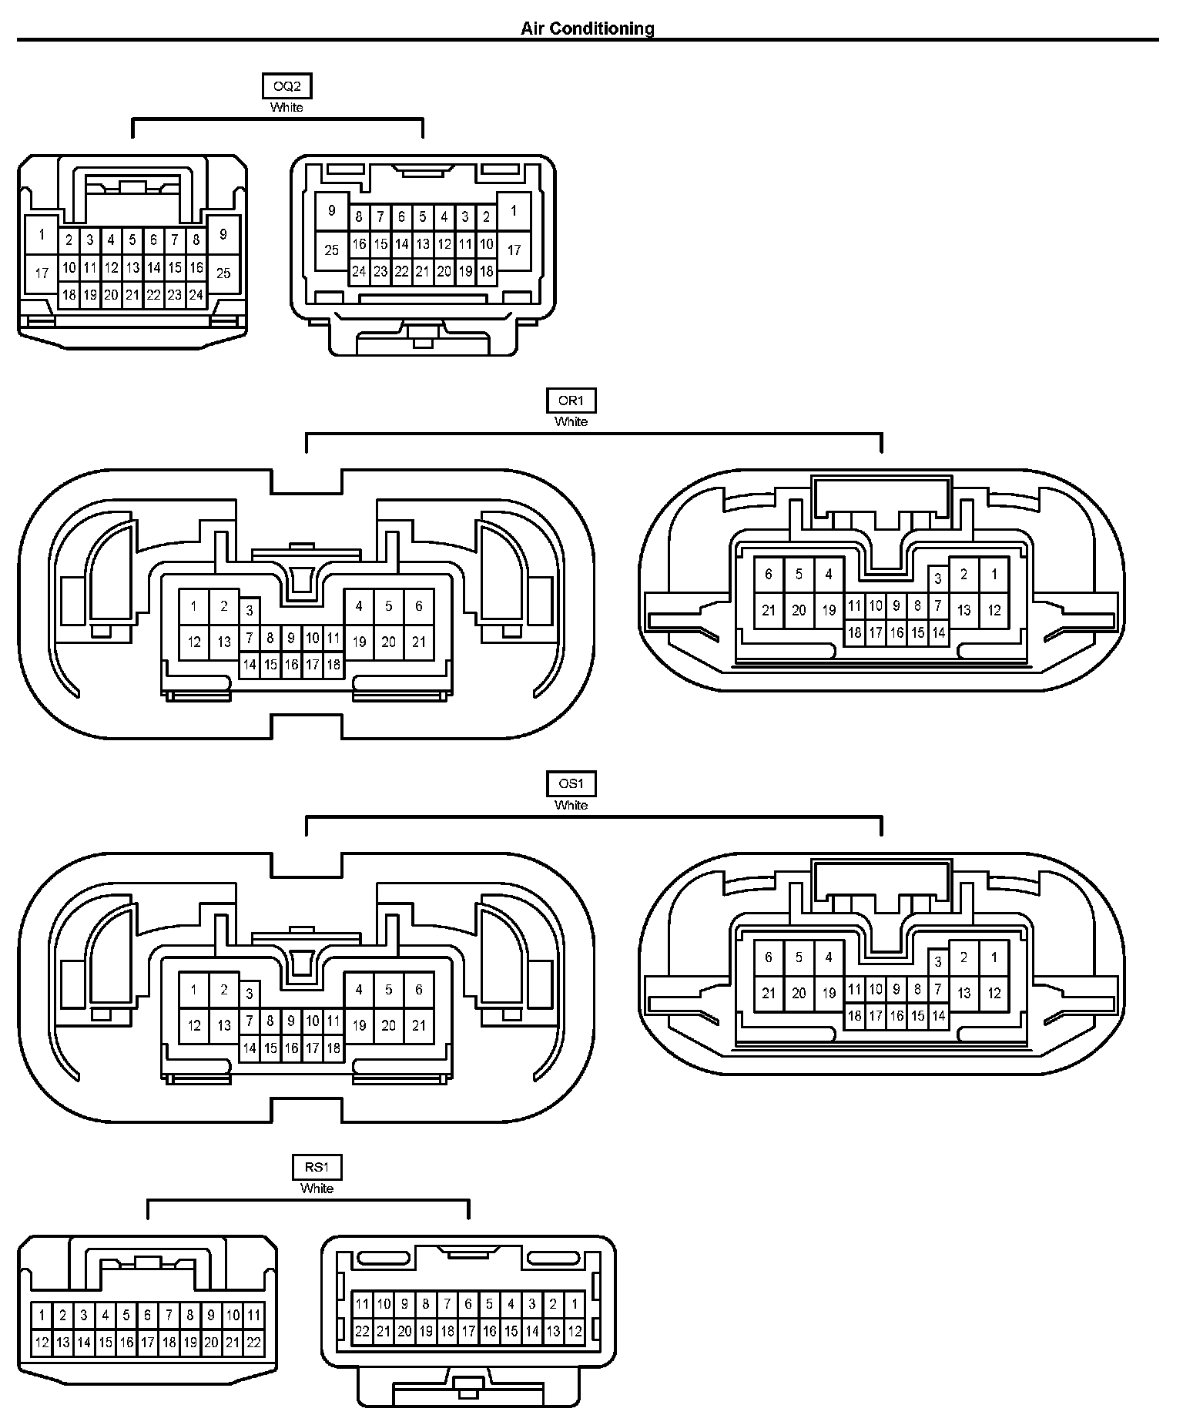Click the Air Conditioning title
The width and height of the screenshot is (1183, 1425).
588,28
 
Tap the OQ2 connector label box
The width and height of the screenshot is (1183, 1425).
287,86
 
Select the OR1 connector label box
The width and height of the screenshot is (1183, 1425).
571,401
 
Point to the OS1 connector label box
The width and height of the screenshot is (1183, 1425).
571,784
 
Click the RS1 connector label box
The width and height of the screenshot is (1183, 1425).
317,1168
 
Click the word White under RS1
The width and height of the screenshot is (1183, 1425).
317,1189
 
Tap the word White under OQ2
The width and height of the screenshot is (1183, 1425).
287,108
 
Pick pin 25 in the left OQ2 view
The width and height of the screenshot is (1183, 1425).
223,273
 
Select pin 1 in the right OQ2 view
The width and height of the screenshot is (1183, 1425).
514,210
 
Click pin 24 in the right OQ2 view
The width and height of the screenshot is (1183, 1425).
359,271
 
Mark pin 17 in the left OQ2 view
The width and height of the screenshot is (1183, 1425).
42,273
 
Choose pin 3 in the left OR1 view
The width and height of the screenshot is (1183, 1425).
250,612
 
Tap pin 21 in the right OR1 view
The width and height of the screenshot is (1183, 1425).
769,610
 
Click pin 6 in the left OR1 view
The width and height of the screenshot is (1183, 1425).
419,606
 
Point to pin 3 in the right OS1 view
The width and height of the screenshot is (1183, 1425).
938,961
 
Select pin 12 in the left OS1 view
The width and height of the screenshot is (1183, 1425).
194,1025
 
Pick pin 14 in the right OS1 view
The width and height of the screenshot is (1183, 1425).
938,1016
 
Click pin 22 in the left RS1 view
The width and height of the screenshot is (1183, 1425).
254,1343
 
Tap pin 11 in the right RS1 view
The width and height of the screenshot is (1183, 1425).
362,1304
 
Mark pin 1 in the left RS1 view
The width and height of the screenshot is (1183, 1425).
42,1315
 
